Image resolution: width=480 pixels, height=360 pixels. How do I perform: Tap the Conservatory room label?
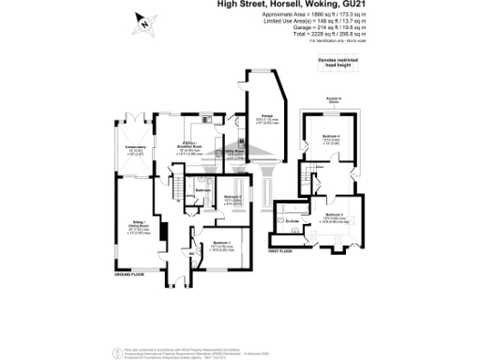[131, 147]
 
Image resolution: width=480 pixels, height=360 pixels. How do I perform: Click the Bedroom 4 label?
[331, 137]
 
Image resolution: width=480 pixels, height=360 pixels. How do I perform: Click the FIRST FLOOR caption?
[280, 252]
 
